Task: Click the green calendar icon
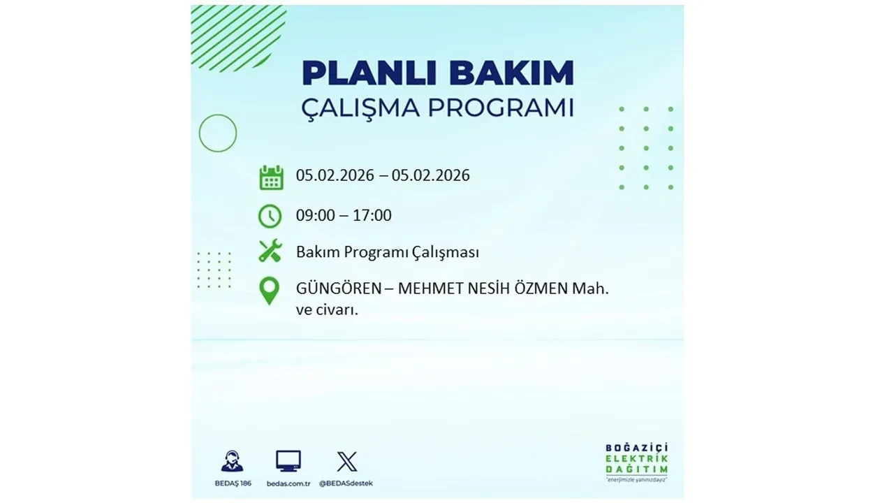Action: (271, 177)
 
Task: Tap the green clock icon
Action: (270, 216)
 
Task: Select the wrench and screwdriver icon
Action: (270, 251)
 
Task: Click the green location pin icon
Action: (269, 291)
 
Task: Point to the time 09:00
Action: (315, 215)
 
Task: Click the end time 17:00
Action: (372, 215)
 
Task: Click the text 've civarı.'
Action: (327, 310)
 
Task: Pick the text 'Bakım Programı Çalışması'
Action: (387, 252)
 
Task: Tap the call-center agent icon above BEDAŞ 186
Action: (232, 461)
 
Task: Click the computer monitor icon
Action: (288, 461)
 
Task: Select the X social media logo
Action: (346, 461)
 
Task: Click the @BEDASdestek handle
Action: (346, 483)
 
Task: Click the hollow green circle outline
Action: (218, 133)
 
